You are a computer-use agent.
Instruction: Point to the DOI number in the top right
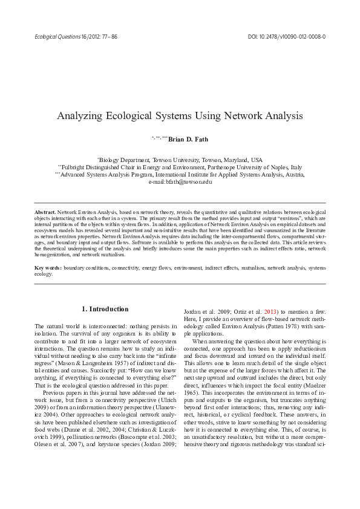(287, 36)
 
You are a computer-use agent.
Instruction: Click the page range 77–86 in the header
(110, 36)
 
